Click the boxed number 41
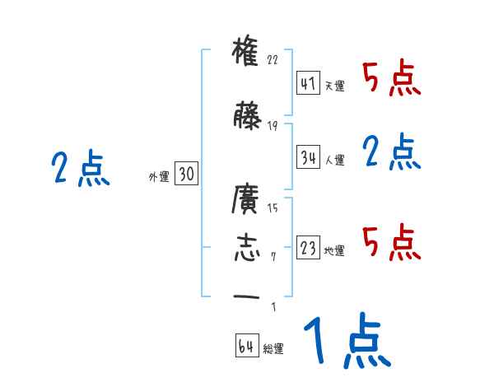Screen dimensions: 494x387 [309, 85]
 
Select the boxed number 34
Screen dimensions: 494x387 [309, 158]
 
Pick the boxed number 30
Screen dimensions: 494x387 [187, 174]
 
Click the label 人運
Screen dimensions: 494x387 [334, 160]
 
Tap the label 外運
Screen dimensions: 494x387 [158, 175]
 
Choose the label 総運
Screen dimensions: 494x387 [273, 349]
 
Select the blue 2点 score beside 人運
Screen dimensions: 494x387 [391, 152]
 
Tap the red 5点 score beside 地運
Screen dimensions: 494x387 [391, 242]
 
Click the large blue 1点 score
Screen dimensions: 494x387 [346, 342]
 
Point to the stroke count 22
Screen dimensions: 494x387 [273, 60]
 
